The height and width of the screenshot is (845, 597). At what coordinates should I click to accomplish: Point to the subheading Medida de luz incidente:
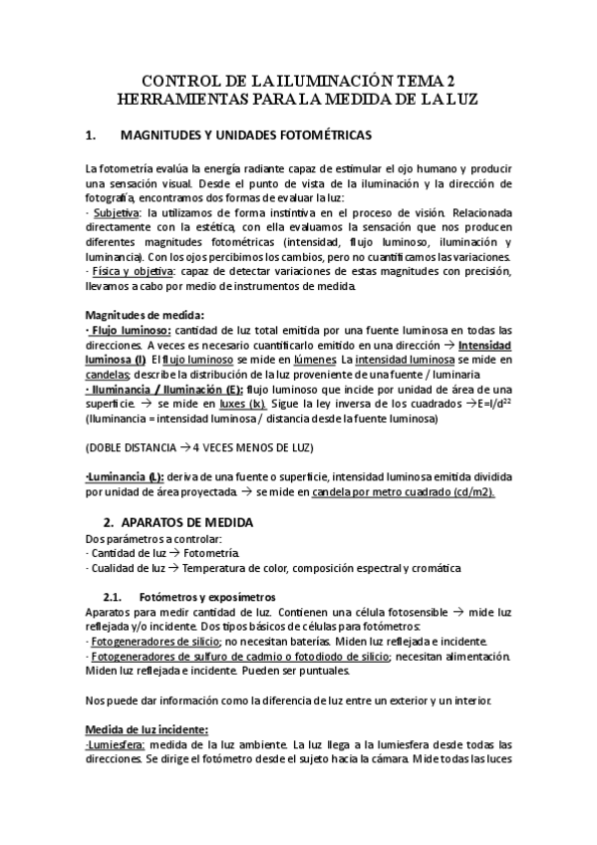coord(146,729)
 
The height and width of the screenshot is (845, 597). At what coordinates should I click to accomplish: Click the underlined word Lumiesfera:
coord(118,744)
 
